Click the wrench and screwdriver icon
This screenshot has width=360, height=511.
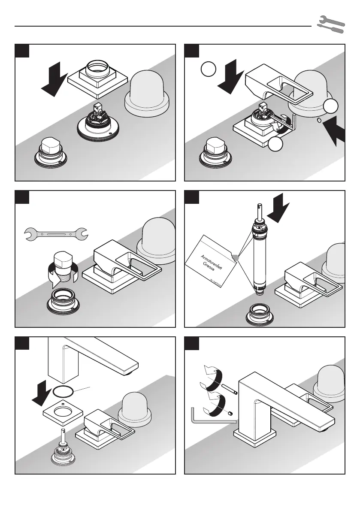pos(330,25)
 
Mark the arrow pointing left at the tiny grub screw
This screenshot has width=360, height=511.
pos(337,133)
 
